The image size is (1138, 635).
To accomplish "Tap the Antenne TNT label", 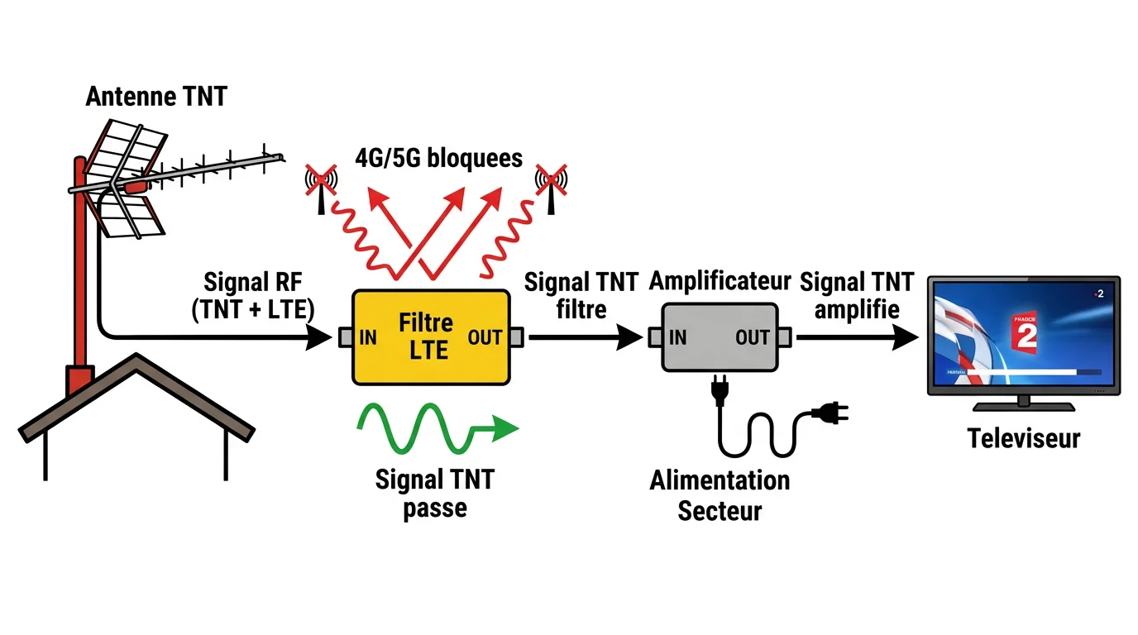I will pyautogui.click(x=156, y=97).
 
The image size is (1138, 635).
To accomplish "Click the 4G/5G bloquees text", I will pyautogui.click(x=438, y=157).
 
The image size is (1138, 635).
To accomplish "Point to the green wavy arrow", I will pyautogui.click(x=434, y=428).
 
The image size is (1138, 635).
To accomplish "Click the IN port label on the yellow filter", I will pyautogui.click(x=368, y=337).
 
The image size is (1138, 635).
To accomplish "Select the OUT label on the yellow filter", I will pyautogui.click(x=485, y=337).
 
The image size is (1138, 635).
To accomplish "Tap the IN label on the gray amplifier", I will pyautogui.click(x=677, y=337).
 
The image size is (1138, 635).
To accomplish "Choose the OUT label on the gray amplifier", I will pyautogui.click(x=752, y=337).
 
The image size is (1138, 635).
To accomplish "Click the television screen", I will pyautogui.click(x=1023, y=335).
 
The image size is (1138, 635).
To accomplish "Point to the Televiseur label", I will pyautogui.click(x=1024, y=437).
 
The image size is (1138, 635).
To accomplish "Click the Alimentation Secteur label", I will pyautogui.click(x=720, y=494).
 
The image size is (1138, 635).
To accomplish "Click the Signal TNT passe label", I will pyautogui.click(x=434, y=493).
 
